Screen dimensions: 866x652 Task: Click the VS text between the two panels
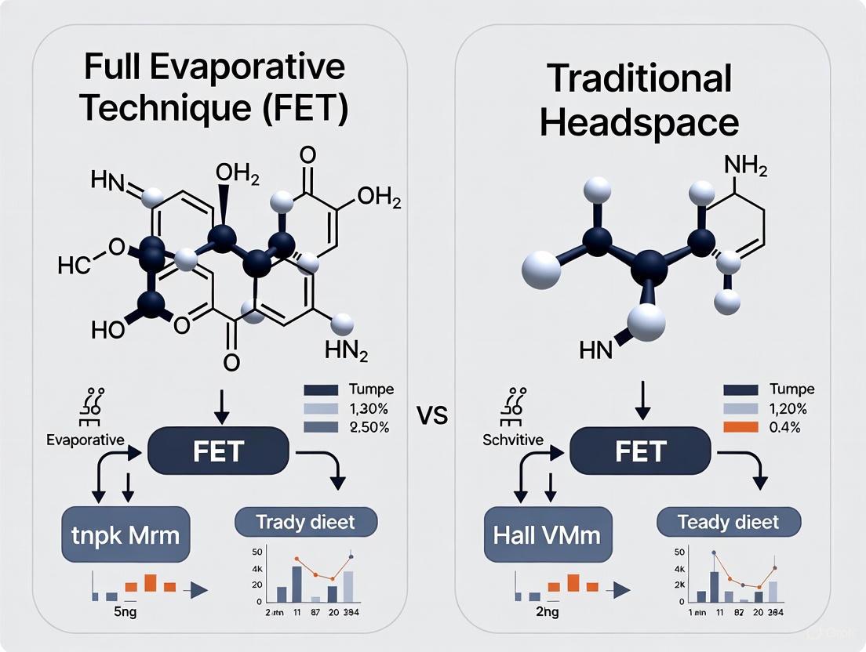point(432,415)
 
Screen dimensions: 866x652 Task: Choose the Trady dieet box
point(306,521)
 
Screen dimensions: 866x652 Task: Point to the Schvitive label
point(514,440)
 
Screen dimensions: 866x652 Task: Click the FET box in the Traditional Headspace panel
point(641,451)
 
